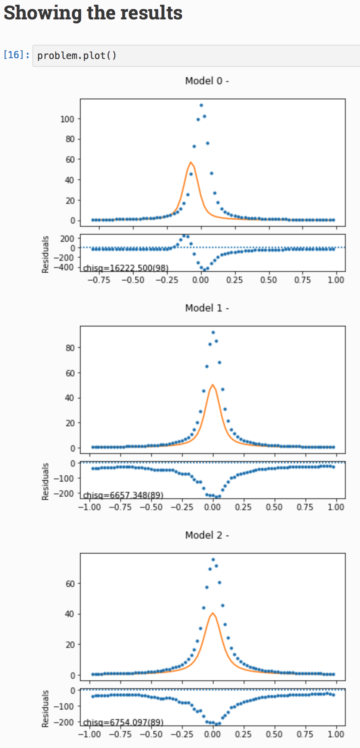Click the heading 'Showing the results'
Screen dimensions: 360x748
93,13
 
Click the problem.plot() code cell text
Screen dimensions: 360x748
77,55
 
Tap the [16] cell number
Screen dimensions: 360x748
16,55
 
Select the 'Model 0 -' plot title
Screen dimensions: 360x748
207,81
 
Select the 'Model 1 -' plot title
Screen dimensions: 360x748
207,308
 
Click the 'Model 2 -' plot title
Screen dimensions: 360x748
207,535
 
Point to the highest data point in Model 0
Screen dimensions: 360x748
201,105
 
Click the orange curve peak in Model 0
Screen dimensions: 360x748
191,162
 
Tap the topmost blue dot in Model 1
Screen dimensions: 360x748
213,332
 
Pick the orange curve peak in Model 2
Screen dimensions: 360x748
213,613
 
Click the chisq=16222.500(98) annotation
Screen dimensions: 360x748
126,268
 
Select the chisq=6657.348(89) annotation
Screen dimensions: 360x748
123,495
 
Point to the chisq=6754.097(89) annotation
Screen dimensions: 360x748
123,722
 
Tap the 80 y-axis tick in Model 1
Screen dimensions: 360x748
70,348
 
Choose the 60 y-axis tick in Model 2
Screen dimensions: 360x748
70,584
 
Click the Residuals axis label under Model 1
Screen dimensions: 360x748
45,481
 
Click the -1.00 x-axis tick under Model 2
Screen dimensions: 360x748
90,734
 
